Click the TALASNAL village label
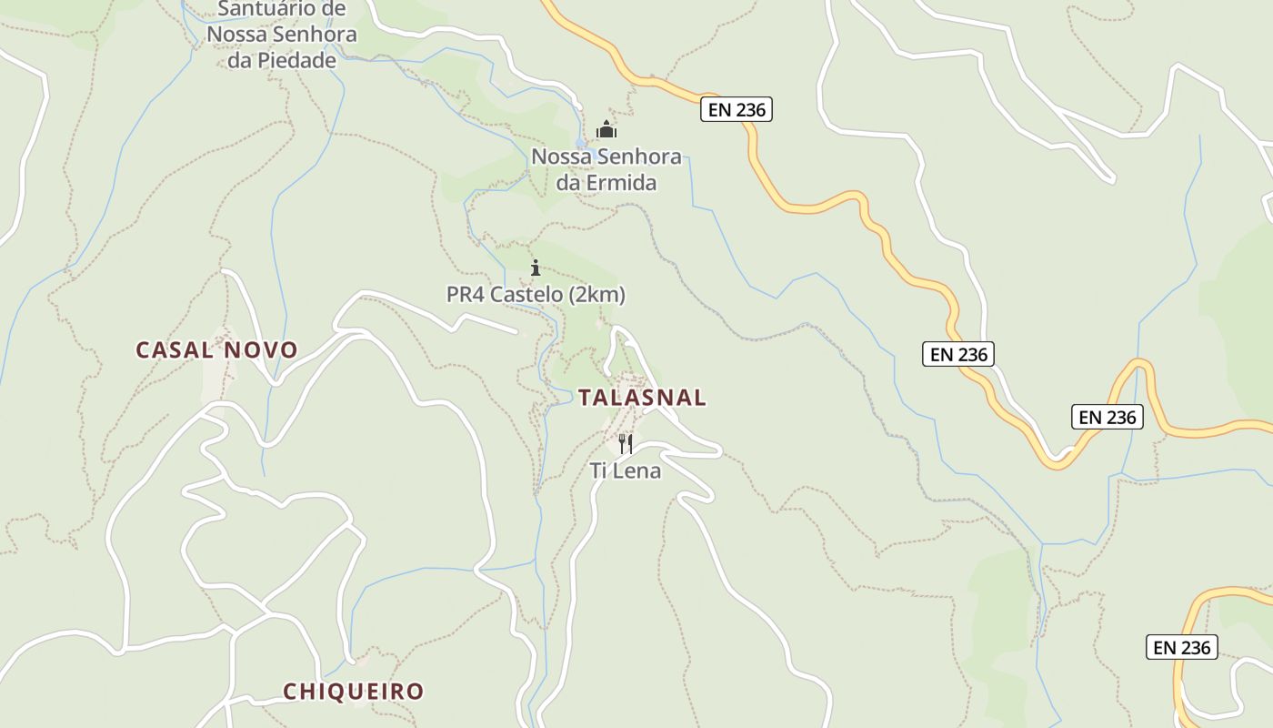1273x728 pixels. (x=642, y=397)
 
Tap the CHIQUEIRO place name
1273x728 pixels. (x=354, y=692)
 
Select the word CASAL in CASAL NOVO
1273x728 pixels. (x=173, y=349)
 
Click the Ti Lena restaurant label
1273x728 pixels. (x=626, y=470)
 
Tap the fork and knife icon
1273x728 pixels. (x=626, y=444)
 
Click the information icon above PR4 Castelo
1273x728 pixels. (x=536, y=268)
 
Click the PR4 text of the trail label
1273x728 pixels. (x=466, y=295)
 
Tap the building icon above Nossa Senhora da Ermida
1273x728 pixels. (x=606, y=130)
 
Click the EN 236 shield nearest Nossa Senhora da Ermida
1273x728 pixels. (x=737, y=110)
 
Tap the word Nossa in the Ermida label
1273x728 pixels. (x=557, y=157)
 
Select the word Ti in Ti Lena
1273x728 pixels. (x=598, y=470)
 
